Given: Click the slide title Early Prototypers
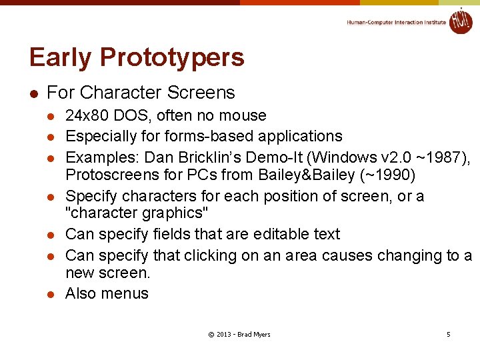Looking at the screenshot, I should point(137,58).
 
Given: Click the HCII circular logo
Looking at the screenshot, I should point(460,21).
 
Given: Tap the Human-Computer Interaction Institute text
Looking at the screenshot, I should point(396,23).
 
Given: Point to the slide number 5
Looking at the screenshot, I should point(448,334).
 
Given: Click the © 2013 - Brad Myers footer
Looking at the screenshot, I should point(239,334).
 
